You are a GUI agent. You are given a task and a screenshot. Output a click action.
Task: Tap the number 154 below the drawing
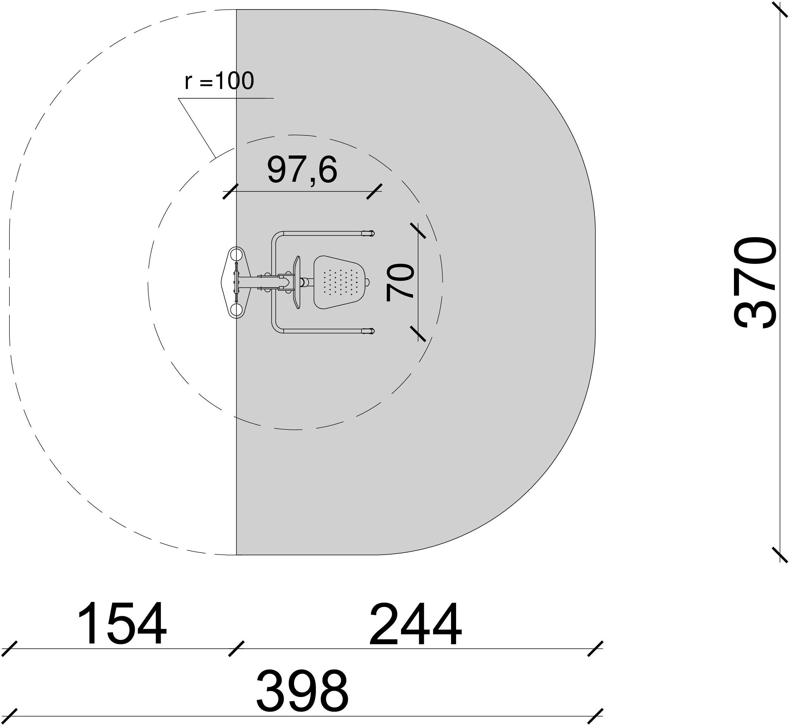point(122,625)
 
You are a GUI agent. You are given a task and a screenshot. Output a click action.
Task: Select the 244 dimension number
point(415,625)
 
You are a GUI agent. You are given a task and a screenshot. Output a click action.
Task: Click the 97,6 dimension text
point(302,170)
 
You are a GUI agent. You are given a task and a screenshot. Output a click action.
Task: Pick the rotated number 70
point(400,282)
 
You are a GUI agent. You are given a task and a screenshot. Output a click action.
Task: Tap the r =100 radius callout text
point(219,81)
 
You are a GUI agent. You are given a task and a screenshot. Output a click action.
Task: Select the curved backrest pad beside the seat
point(297,282)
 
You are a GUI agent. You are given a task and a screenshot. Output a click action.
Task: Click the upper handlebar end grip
point(368,233)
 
